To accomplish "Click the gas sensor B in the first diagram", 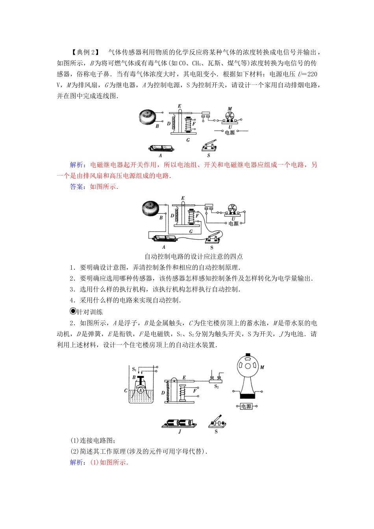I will coord(149,117).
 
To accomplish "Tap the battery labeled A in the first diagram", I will coord(161,148).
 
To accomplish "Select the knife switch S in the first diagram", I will coord(209,146).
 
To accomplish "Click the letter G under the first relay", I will coord(188,140).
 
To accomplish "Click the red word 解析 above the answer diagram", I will coord(77,165).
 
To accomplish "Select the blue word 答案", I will coord(77,187).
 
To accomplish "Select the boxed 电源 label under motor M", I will coord(246,406).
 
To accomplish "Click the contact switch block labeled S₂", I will coord(216,380).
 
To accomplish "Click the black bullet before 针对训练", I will coord(72,311).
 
